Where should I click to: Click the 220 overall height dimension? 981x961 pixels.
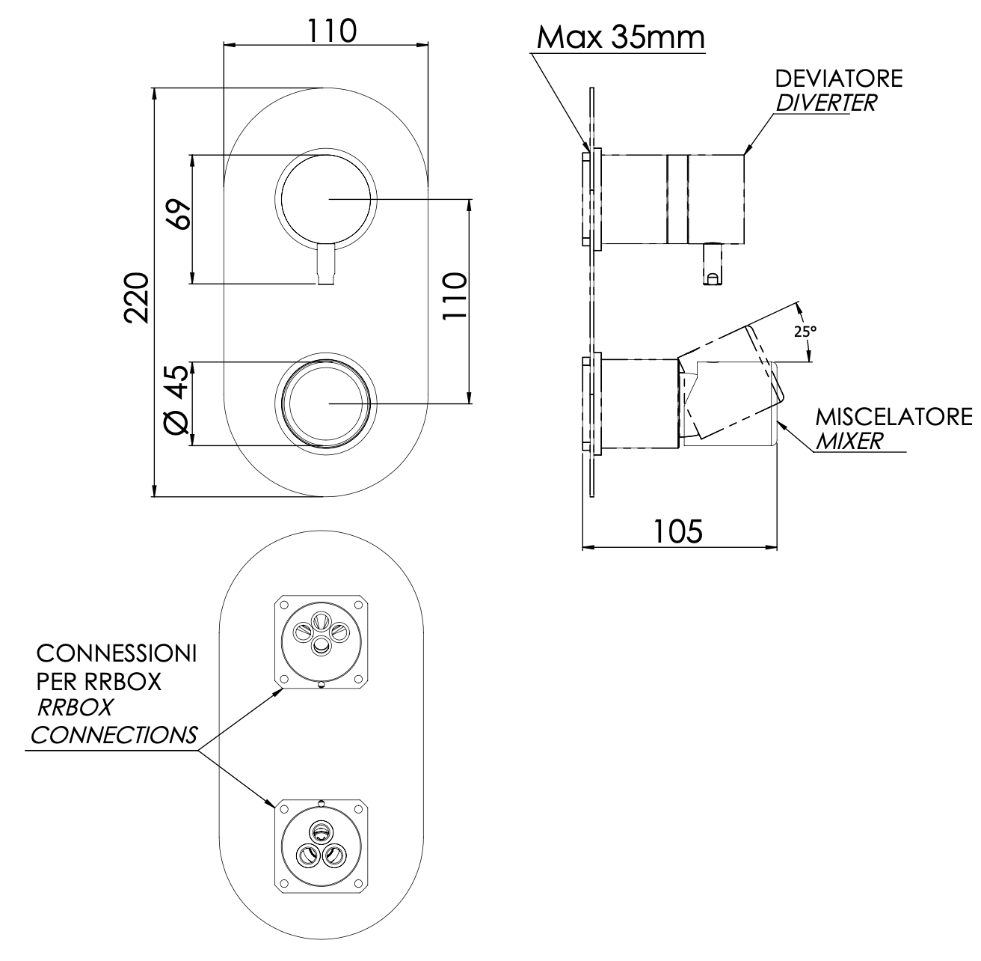click(x=138, y=297)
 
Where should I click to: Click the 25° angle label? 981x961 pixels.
click(x=804, y=331)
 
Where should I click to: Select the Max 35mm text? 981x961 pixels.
click(x=621, y=37)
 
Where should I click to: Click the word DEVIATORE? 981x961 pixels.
click(x=838, y=79)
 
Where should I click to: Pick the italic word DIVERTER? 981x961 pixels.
click(x=825, y=103)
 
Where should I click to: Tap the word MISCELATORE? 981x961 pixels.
click(x=894, y=416)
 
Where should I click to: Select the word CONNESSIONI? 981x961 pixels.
click(x=117, y=654)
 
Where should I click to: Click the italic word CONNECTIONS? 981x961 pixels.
click(x=114, y=735)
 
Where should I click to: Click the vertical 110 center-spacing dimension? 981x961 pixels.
click(x=454, y=297)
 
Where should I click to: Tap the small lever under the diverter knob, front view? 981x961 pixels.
click(x=327, y=265)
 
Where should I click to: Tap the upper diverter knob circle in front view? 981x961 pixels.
click(x=325, y=199)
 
